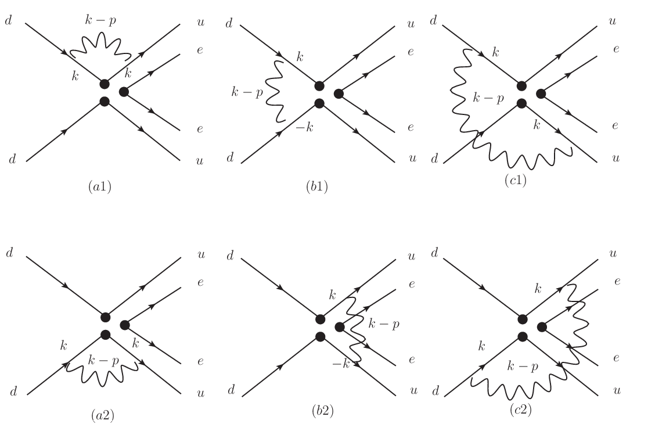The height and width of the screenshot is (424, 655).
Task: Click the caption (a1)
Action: tap(100, 186)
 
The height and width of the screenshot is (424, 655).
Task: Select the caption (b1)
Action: tap(316, 186)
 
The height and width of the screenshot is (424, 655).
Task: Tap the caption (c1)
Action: tap(516, 180)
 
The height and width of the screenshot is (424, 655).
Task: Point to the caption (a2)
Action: tap(102, 415)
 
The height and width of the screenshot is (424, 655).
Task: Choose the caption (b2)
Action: tap(322, 411)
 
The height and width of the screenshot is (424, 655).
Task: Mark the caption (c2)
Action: tap(520, 410)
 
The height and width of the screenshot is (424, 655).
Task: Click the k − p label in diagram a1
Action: tap(100, 20)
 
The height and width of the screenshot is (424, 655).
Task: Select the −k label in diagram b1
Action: tap(304, 127)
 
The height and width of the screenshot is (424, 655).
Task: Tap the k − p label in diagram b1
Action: tap(247, 92)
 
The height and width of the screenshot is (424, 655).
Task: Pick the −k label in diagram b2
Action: tap(340, 364)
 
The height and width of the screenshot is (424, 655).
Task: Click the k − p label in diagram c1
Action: tap(488, 98)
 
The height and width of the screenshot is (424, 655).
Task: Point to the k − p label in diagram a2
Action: tap(103, 360)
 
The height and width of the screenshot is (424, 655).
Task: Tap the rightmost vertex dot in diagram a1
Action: tap(124, 92)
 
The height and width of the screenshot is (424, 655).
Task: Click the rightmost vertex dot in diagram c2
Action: tap(542, 326)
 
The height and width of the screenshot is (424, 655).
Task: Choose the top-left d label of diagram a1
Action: tap(8, 20)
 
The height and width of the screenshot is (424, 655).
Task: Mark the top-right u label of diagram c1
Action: tap(613, 21)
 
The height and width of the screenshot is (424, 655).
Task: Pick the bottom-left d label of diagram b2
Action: tap(232, 390)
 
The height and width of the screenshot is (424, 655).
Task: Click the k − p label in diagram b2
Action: tap(383, 324)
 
